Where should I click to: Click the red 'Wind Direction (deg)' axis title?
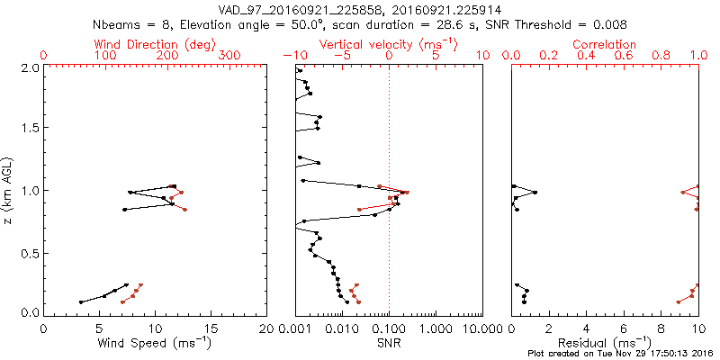[156, 44]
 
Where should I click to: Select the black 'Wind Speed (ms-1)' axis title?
[156, 343]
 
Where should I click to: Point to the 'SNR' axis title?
[389, 343]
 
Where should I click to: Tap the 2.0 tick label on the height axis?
[30, 67]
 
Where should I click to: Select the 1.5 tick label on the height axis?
[30, 129]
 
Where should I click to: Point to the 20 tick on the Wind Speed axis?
[266, 328]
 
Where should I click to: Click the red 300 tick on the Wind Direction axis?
[230, 56]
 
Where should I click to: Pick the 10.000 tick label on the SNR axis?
[477, 328]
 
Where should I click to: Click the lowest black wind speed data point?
[81, 302]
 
